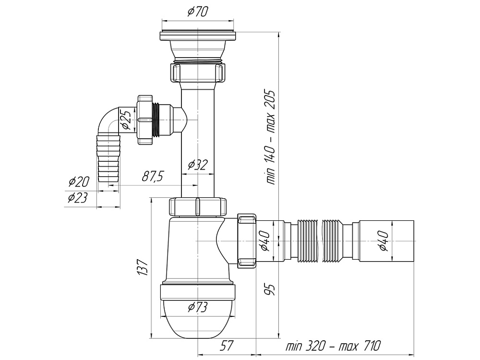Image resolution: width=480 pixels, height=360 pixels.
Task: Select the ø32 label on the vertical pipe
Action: coord(197,165)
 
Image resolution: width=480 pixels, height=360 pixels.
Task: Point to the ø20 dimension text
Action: coord(79,181)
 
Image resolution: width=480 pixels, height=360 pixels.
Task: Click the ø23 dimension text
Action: coord(77,197)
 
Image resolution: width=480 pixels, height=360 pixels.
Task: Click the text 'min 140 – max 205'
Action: coord(271,137)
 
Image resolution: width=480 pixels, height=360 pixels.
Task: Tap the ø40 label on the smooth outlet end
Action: coord(384,241)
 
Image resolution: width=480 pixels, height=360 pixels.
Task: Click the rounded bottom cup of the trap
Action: coord(197,319)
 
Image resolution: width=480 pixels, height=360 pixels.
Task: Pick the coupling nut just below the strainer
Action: coord(197,73)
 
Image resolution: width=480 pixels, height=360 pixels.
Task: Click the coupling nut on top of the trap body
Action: coord(197,207)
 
